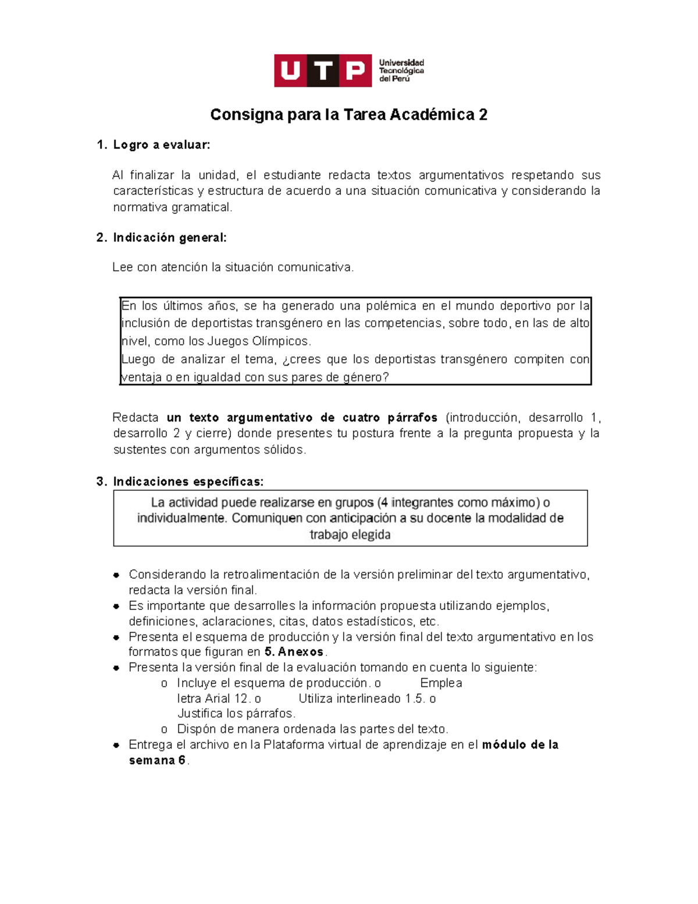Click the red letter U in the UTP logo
[x=290, y=71]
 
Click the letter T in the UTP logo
[x=323, y=71]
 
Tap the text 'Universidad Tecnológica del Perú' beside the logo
[x=401, y=70]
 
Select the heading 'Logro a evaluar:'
[x=161, y=145]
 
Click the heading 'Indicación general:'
[x=169, y=237]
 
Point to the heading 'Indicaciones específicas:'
[x=188, y=481]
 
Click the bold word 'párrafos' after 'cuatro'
[x=412, y=417]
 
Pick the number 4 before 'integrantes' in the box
[x=384, y=502]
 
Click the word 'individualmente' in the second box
[x=181, y=518]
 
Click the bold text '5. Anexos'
[x=294, y=652]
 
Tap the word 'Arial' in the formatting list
[x=217, y=699]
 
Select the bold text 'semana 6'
[x=157, y=760]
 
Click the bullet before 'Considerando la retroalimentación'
[x=116, y=575]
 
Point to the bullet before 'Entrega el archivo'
[x=116, y=745]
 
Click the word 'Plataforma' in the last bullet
[x=293, y=745]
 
